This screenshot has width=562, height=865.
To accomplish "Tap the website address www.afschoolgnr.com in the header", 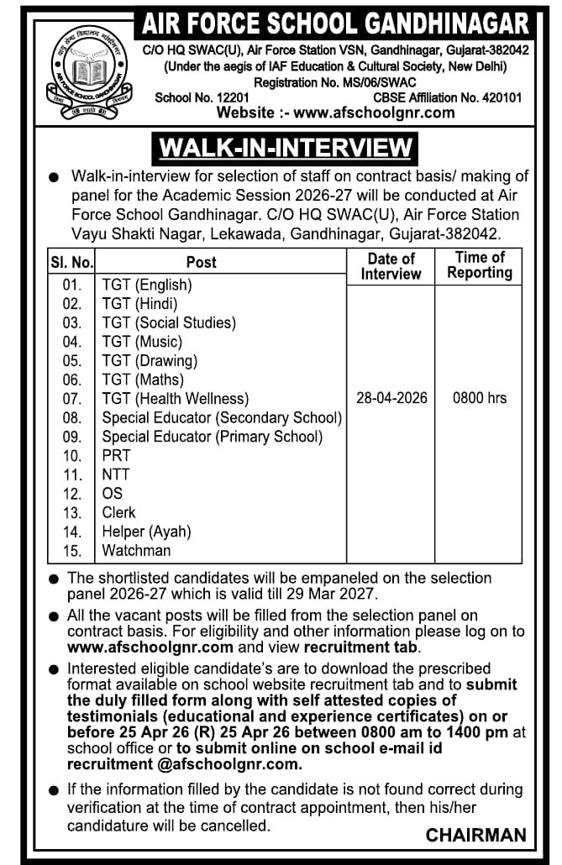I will point(336,113).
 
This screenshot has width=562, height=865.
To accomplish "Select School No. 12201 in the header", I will point(202,97).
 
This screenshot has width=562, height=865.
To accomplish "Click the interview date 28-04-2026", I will point(391,397).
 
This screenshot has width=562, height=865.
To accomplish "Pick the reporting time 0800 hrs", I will point(480,397).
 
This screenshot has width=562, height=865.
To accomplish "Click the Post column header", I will point(201,262).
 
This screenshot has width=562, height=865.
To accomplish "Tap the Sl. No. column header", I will point(71,262).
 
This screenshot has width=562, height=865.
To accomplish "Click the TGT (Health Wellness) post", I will point(176,398).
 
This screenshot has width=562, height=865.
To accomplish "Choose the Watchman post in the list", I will point(136,551).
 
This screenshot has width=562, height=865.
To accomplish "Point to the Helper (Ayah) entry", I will point(146,532).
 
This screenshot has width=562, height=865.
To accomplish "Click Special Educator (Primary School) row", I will point(212,437).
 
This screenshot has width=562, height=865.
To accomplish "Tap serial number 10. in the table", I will point(72,456).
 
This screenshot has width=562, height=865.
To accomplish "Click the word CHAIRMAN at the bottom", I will point(476,835).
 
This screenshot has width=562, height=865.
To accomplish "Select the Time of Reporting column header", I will point(480,265).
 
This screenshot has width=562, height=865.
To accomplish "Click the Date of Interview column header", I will point(391,266).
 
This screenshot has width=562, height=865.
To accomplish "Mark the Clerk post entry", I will point(118,512).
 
